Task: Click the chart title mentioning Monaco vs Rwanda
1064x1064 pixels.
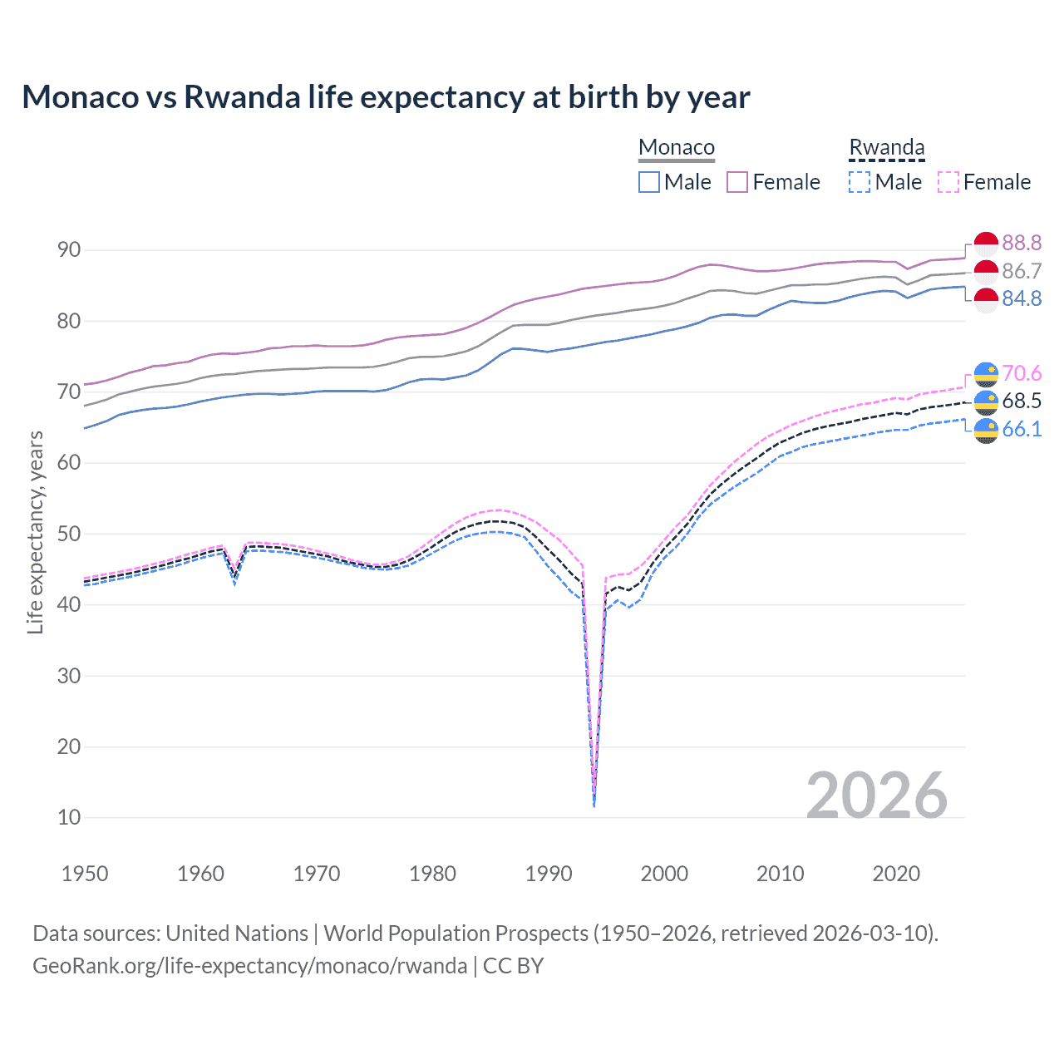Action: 386,97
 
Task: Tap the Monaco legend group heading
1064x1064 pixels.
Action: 677,148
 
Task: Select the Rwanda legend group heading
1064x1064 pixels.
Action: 886,148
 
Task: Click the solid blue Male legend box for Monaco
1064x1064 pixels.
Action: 649,182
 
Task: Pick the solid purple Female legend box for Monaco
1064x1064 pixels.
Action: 737,182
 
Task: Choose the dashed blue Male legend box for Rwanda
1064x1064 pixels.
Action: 860,182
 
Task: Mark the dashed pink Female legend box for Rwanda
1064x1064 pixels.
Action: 948,182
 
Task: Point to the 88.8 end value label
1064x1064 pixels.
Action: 1022,243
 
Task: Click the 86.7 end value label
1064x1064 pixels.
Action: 1022,271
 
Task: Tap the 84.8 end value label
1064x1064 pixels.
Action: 1022,298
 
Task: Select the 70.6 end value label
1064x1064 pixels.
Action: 1022,373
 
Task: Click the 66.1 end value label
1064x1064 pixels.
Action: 1022,429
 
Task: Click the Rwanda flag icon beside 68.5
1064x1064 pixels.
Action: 986,401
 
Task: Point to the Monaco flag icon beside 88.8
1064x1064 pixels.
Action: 986,244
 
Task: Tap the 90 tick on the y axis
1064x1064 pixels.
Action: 69,250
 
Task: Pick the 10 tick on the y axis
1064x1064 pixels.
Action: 69,818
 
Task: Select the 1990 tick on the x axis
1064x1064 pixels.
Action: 549,874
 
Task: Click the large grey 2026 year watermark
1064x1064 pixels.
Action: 877,796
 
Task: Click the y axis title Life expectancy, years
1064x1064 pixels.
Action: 36,532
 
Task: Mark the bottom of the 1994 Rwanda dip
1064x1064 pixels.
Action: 594,805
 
